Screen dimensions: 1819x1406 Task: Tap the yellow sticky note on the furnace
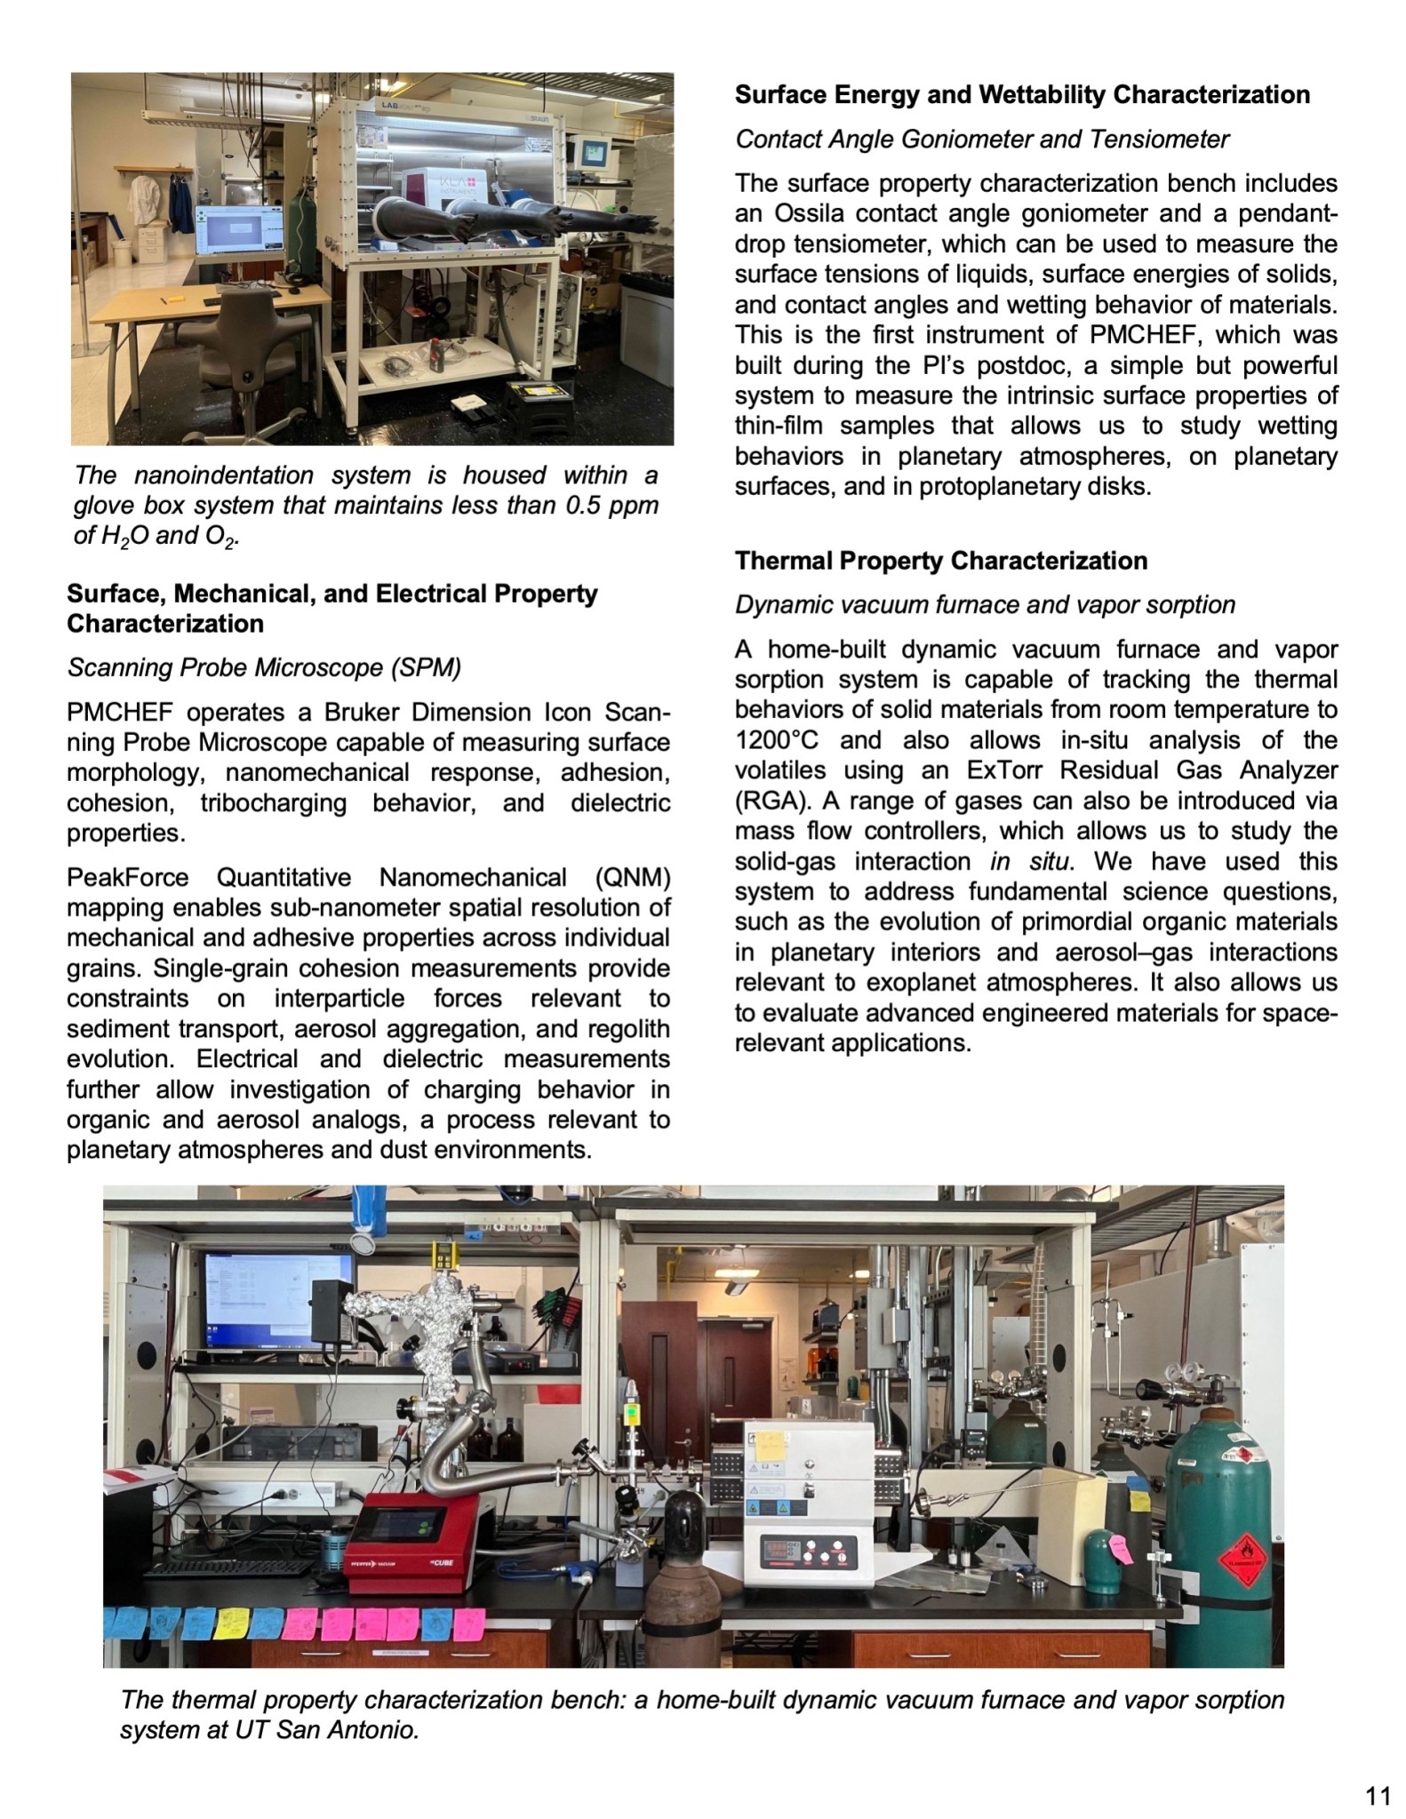[770, 1446]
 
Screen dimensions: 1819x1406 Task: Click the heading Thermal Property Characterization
[941, 561]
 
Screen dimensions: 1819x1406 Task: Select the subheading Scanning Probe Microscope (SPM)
[264, 667]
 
